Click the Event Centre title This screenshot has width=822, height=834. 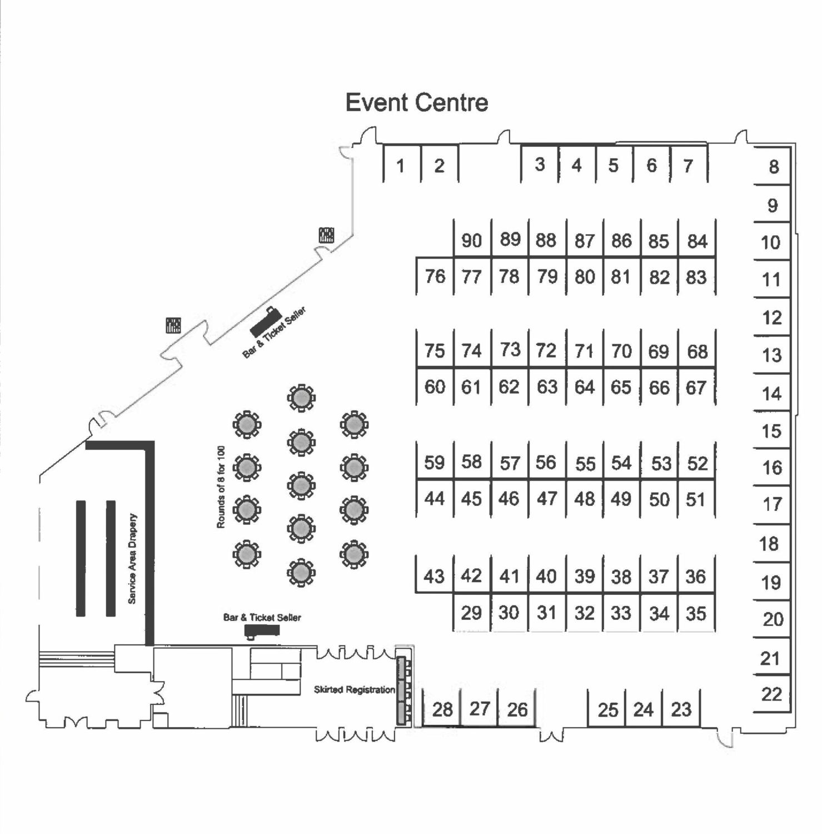416,103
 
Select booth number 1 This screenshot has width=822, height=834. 401,165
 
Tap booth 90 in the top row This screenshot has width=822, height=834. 471,240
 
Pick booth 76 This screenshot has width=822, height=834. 435,276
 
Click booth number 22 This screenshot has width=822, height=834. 771,694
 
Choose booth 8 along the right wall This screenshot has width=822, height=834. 773,167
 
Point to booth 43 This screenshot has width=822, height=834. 434,576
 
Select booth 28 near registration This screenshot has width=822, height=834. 442,709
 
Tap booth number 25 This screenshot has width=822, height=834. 607,709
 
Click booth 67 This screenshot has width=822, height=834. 696,387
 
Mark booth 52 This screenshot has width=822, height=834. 697,463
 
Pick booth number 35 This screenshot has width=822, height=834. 696,613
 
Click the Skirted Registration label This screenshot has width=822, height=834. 354,689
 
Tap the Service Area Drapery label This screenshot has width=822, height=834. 132,558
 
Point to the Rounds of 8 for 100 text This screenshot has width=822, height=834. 221,487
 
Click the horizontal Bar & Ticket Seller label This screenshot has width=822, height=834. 262,617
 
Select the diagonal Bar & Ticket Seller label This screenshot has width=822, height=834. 275,332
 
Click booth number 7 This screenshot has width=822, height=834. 688,165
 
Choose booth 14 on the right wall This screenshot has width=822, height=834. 771,394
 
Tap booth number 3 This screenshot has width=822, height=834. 539,165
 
